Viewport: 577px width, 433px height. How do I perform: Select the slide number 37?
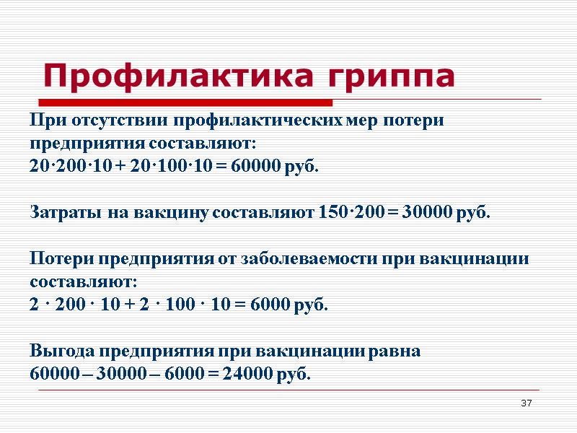pyautogui.click(x=527, y=402)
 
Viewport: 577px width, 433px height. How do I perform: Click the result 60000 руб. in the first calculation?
pyautogui.click(x=273, y=167)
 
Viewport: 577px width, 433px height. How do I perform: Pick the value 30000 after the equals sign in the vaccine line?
pyautogui.click(x=427, y=213)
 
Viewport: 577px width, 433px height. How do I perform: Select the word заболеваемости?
pyautogui.click(x=299, y=259)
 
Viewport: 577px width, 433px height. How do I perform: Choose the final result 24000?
pyautogui.click(x=252, y=375)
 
